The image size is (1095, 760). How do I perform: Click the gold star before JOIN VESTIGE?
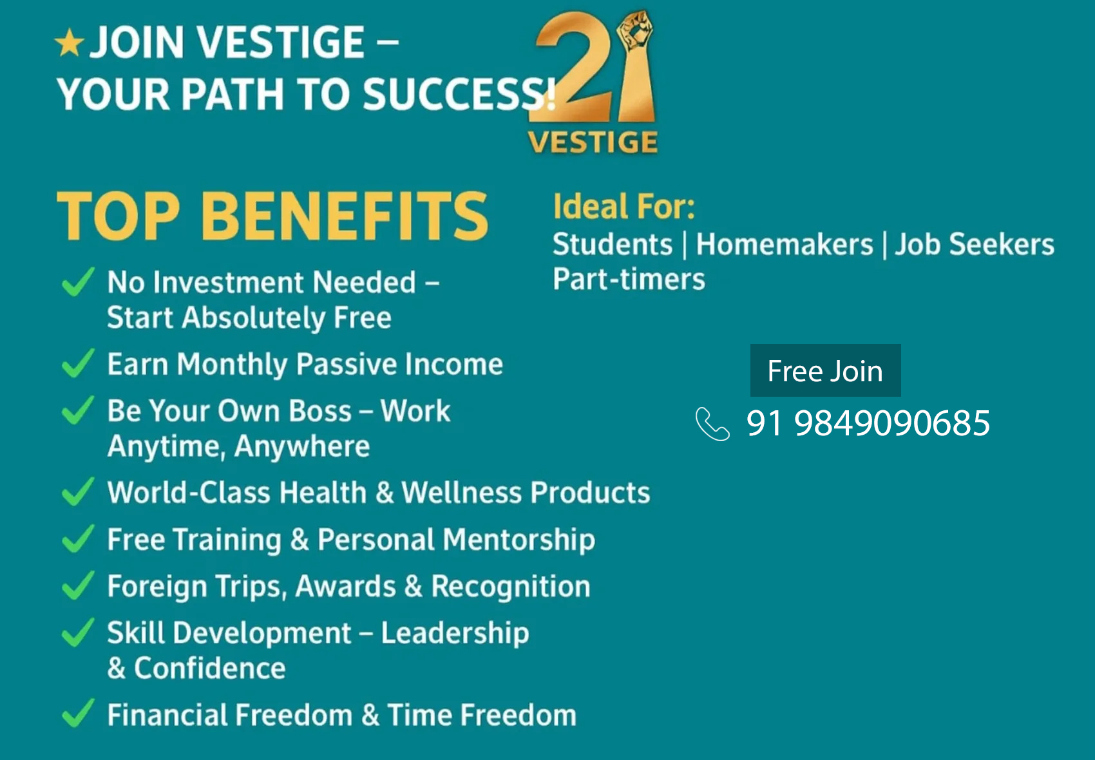coord(69,43)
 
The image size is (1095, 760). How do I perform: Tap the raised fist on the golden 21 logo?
coord(635,30)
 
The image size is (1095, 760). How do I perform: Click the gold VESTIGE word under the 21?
coord(593,142)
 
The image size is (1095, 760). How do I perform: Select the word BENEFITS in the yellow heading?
coord(345,216)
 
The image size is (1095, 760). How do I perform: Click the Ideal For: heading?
coord(624,206)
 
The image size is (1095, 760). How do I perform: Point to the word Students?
coord(613,244)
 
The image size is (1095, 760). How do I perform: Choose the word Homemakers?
coord(784,244)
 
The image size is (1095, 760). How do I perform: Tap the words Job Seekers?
coord(975,244)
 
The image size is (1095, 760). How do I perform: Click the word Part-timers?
coord(629,279)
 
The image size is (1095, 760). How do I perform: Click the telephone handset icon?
coord(712,424)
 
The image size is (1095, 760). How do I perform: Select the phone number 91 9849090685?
coord(868,423)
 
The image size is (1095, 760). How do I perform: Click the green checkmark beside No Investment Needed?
coord(78,281)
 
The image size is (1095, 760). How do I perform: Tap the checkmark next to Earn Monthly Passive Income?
coord(78,363)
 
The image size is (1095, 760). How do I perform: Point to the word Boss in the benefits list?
coord(319,410)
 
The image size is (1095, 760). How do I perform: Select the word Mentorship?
coord(519,540)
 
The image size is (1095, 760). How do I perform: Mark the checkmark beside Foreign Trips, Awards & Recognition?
coord(78,585)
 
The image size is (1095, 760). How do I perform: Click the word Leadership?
coord(455,633)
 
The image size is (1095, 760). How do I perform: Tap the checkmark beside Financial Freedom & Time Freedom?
coord(78,713)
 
